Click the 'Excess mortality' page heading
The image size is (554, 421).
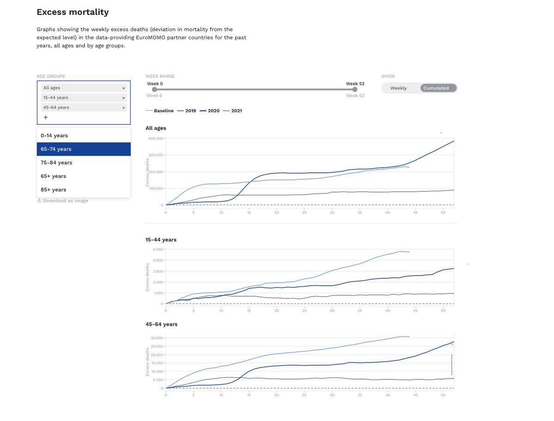point(72,12)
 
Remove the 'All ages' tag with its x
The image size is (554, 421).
point(123,88)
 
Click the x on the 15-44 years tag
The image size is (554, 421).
point(123,98)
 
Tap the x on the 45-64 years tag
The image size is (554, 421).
point(123,108)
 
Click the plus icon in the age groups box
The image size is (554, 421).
point(46,117)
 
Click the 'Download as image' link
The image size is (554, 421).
point(63,201)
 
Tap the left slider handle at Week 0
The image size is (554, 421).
point(155,89)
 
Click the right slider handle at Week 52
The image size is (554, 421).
point(355,89)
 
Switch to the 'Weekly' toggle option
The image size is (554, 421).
point(398,88)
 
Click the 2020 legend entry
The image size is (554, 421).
point(210,110)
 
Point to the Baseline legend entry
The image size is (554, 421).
point(160,110)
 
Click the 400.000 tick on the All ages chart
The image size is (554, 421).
point(156,138)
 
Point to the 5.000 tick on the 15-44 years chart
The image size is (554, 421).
point(158,249)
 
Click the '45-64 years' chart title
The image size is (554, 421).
point(161,324)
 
